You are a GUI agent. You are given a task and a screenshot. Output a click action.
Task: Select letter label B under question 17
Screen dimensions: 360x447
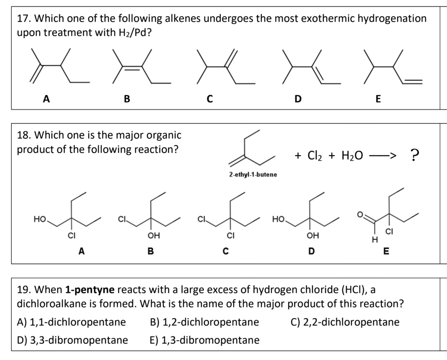pyautogui.click(x=127, y=99)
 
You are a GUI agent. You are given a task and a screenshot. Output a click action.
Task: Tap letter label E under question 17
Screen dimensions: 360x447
pyautogui.click(x=378, y=99)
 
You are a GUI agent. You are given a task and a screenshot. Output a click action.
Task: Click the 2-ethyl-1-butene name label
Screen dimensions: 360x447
pyautogui.click(x=253, y=175)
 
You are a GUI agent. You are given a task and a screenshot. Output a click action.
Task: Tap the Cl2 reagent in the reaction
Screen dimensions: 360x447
pyautogui.click(x=315, y=155)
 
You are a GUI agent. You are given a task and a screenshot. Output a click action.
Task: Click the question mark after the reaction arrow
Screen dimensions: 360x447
pyautogui.click(x=415, y=154)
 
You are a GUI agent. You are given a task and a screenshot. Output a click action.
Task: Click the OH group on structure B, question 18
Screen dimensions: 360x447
pyautogui.click(x=153, y=236)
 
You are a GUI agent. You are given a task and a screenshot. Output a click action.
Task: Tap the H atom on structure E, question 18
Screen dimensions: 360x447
pyautogui.click(x=373, y=239)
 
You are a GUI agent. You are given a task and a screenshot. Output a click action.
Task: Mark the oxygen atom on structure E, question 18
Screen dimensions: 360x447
pyautogui.click(x=361, y=214)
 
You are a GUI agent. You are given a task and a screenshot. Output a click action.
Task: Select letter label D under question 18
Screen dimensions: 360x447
pyautogui.click(x=310, y=251)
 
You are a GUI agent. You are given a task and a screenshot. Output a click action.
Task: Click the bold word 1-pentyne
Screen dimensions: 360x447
pyautogui.click(x=90, y=289)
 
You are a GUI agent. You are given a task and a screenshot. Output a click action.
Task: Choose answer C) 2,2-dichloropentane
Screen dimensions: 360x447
pyautogui.click(x=345, y=322)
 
